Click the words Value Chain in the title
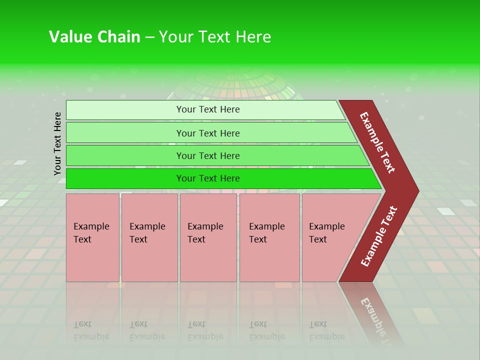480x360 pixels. pos(94,37)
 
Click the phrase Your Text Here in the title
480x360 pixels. pos(215,37)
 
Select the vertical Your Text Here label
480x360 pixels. pos(58,143)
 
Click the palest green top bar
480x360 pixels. pos(125,109)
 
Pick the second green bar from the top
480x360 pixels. pos(125,133)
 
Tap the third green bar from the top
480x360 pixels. pos(125,155)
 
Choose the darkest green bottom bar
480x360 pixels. pos(125,178)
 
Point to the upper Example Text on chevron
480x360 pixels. pos(377,142)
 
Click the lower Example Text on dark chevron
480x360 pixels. pos(378,236)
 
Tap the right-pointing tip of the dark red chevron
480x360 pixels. pos(415,191)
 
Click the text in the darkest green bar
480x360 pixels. pos(208,178)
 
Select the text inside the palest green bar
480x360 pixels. pos(208,109)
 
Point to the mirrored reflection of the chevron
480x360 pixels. pos(372,312)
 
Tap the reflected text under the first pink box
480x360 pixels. pos(91,330)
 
